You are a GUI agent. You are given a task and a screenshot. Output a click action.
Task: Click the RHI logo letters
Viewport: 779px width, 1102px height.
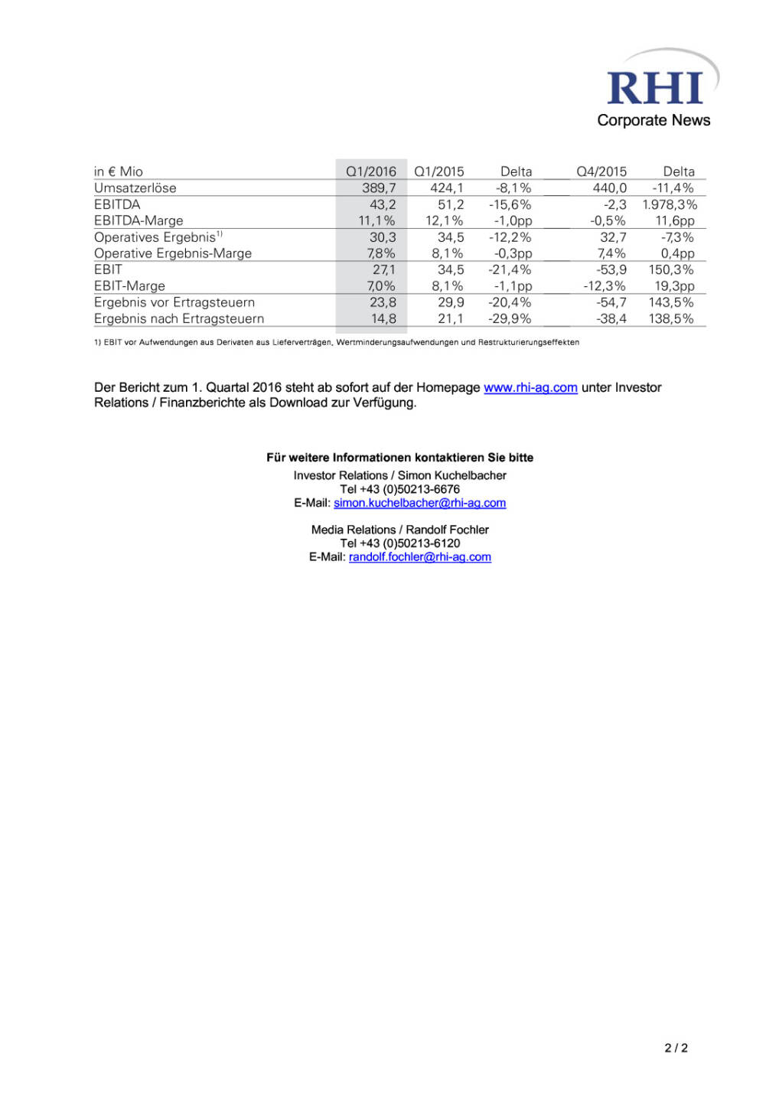point(654,89)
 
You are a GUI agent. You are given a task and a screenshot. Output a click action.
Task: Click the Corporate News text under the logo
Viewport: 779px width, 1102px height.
point(654,120)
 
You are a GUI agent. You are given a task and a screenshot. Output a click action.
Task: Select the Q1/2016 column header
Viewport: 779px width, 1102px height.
point(371,171)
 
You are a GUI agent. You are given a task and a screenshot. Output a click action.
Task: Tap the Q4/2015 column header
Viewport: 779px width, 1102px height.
point(601,171)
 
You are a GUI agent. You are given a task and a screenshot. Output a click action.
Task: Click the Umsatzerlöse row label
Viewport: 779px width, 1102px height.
point(135,188)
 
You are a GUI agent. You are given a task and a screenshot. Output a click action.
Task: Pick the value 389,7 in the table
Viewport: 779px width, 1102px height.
point(379,188)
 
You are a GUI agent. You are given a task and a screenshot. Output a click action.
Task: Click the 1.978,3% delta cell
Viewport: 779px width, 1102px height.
point(670,204)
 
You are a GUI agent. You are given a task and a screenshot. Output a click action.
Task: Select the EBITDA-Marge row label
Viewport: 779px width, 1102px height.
point(139,220)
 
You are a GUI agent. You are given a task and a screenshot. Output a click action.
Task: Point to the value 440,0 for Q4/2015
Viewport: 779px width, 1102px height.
point(609,188)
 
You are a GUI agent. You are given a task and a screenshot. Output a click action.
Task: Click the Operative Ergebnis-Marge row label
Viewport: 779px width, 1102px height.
point(173,253)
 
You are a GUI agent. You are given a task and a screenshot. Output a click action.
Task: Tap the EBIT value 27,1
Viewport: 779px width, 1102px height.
point(384,269)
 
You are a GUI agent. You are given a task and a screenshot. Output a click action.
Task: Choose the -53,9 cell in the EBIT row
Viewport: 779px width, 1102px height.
point(611,269)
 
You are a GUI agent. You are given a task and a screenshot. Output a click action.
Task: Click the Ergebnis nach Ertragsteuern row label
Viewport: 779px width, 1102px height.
point(179,318)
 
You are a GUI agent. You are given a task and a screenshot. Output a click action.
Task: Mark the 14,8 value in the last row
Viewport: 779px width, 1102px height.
point(383,318)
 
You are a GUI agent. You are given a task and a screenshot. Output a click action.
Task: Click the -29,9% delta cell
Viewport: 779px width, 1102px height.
point(510,318)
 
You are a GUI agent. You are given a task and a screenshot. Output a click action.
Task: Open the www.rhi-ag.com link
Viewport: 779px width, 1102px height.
point(530,387)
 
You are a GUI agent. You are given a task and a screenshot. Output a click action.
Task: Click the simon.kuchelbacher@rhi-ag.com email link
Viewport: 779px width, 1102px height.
point(419,503)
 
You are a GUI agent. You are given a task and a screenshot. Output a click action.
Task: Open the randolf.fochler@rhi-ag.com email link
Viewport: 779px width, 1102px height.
point(419,557)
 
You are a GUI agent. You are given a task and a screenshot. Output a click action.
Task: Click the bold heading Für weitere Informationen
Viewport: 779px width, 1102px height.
point(399,458)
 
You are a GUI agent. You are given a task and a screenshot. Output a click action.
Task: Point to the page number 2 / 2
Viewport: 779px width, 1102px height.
point(676,1048)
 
